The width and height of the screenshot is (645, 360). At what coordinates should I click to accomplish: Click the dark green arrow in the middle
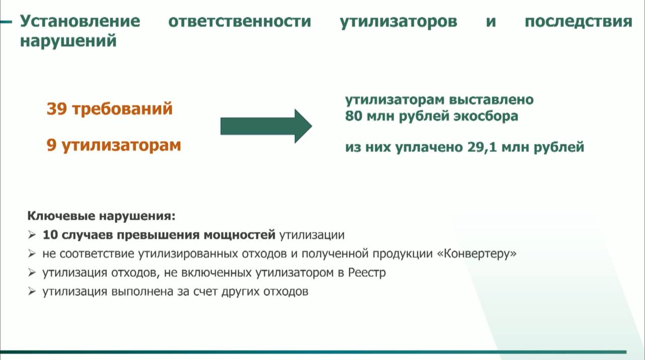coord(266,126)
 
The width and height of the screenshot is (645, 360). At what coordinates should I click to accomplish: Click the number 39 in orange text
coord(57,109)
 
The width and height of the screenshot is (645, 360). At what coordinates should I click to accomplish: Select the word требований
coord(122,109)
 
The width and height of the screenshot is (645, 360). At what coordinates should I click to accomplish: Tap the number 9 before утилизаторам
coord(51,145)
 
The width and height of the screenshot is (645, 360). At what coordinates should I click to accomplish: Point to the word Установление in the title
coord(80,21)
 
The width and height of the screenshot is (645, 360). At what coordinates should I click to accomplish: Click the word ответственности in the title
coord(240,22)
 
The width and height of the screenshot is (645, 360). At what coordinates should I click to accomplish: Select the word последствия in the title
coord(578,22)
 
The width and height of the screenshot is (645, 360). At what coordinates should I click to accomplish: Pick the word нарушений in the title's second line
coord(68,41)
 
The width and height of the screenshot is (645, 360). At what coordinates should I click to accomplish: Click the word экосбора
coord(486,116)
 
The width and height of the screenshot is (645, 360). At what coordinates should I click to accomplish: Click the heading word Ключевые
coord(61,216)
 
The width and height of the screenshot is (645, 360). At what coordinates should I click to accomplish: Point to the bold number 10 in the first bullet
coord(50,235)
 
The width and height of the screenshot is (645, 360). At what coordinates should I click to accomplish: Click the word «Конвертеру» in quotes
coord(477,254)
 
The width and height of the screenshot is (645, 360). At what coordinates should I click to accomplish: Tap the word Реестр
coord(367,272)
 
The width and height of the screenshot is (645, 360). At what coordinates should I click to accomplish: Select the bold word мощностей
coord(239,235)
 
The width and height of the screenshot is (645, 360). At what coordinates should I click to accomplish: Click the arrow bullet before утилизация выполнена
coord(32,291)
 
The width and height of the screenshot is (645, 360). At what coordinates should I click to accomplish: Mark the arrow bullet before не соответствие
coord(32,254)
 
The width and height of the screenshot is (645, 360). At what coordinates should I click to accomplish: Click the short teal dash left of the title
coord(6,22)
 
